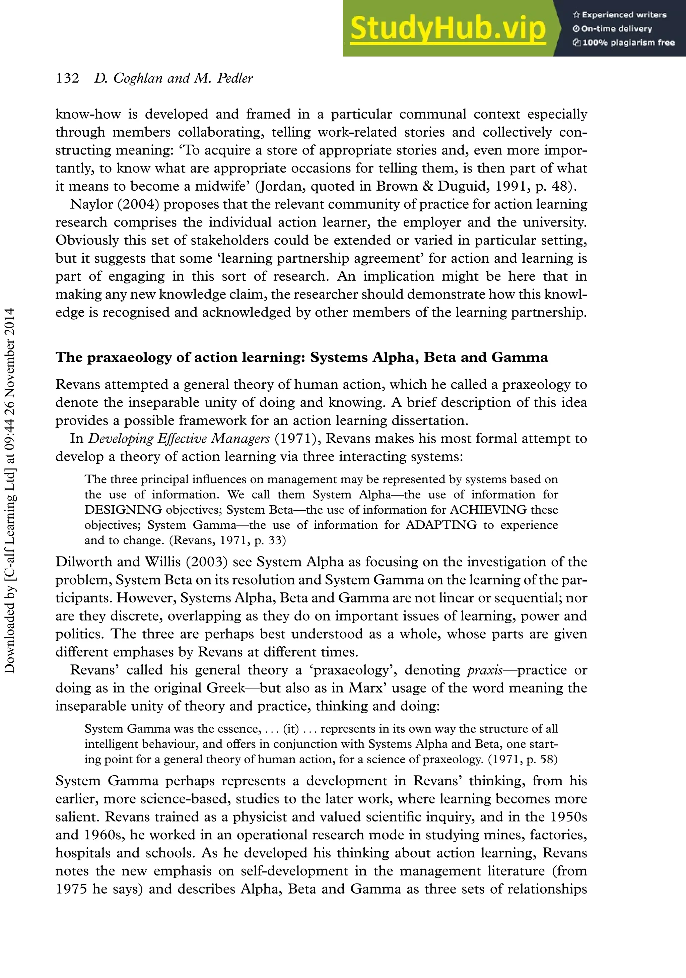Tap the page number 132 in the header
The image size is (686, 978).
pyautogui.click(x=67, y=78)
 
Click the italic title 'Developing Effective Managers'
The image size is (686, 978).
pyautogui.click(x=179, y=439)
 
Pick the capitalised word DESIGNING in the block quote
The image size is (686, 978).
pyautogui.click(x=123, y=510)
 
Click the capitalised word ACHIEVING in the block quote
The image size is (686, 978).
pyautogui.click(x=488, y=510)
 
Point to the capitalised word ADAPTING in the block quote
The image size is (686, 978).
pyautogui.click(x=441, y=525)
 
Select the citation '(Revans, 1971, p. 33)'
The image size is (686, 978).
pyautogui.click(x=228, y=540)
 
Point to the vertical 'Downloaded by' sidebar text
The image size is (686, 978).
pyautogui.click(x=9, y=490)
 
